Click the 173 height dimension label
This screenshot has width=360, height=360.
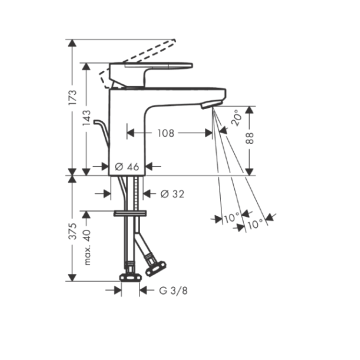coord(73,97)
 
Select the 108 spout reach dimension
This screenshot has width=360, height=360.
coord(166,133)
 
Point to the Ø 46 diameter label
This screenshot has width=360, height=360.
coord(127,167)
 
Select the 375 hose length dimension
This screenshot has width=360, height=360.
coord(73,231)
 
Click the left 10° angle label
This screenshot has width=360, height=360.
coord(231,218)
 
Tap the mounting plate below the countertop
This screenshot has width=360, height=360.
coord(130,213)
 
